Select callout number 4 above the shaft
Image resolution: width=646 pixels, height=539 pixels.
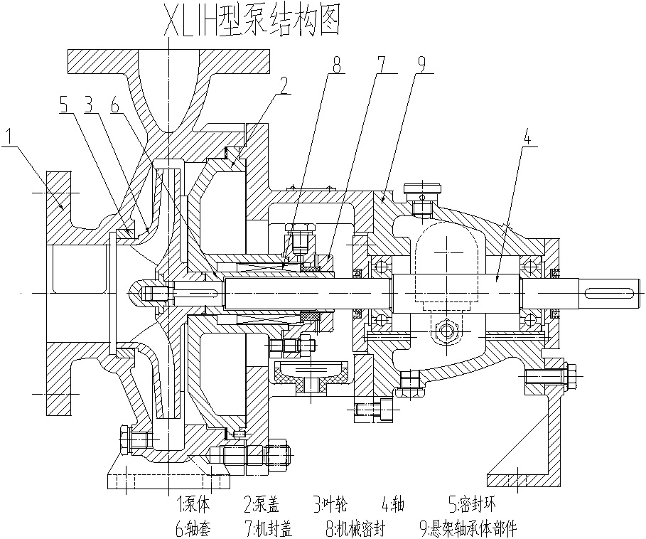(x=527, y=136)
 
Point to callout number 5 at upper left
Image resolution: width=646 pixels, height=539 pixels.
(x=63, y=105)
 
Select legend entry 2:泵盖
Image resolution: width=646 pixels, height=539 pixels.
(x=262, y=505)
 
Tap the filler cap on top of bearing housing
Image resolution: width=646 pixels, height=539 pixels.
(x=422, y=191)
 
